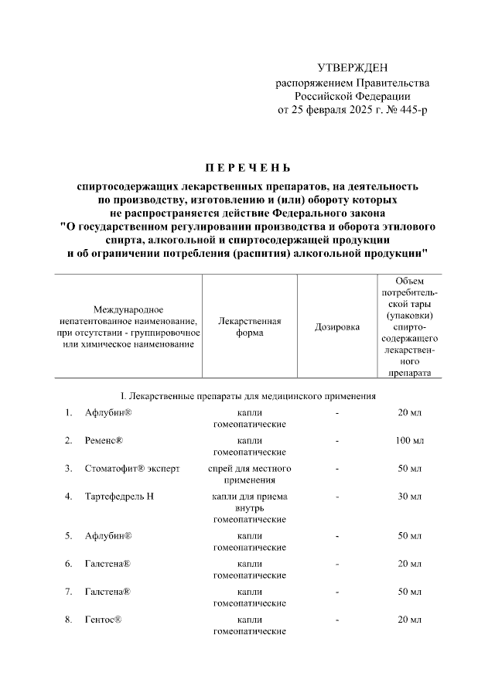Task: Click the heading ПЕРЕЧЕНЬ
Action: tap(247, 167)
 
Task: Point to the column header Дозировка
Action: tap(337, 327)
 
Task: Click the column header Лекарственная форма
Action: tap(250, 327)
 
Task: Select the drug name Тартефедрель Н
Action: tap(120, 496)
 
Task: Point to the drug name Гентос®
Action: tap(104, 620)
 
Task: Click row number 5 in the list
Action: tap(69, 536)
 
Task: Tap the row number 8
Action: tap(69, 620)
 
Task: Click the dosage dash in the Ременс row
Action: tap(337, 441)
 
